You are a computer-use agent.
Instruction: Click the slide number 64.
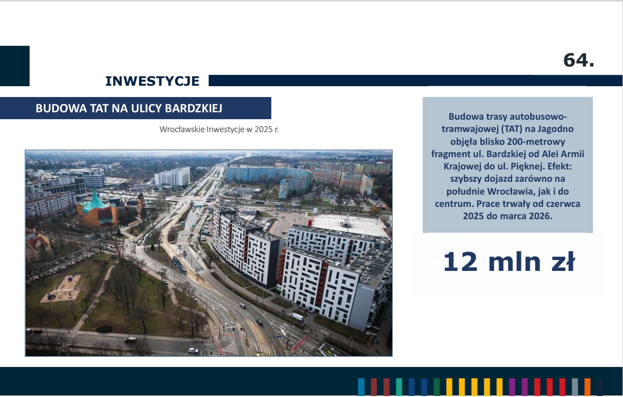point(579,60)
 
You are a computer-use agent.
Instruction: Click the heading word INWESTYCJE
point(152,81)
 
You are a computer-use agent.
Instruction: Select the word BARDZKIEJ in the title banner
point(193,108)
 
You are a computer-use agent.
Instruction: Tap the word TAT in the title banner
point(99,108)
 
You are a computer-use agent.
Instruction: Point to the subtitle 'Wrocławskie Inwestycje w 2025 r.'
point(219,129)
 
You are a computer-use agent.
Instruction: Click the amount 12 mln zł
point(509,262)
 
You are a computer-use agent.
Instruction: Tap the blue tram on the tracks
point(180,265)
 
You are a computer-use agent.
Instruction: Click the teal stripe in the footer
point(399,387)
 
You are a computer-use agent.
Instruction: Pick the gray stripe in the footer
point(575,387)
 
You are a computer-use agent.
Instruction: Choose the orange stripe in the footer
point(587,387)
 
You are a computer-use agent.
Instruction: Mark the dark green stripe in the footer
point(437,387)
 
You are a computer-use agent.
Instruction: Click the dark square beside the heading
point(15,66)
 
